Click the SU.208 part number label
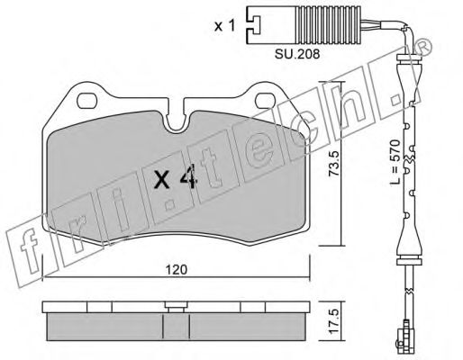(x=297, y=54)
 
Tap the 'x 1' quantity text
(x=224, y=26)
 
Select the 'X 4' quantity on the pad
(x=175, y=178)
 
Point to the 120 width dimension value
(x=177, y=269)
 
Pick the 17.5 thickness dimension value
(x=334, y=321)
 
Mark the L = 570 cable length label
(x=396, y=162)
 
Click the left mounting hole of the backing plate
(x=87, y=102)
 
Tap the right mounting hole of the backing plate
(x=266, y=102)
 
